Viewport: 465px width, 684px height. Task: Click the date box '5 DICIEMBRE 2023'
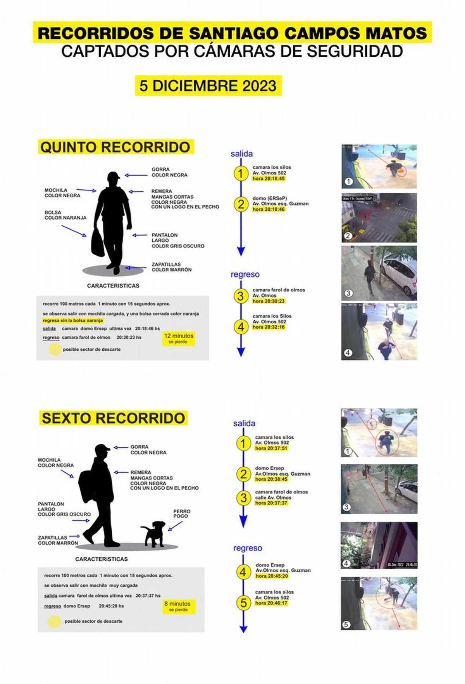pyautogui.click(x=208, y=86)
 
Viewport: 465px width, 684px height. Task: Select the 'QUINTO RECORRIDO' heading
pyautogui.click(x=115, y=147)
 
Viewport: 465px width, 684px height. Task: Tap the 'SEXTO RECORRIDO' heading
pyautogui.click(x=113, y=418)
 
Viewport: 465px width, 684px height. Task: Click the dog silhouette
pyautogui.click(x=154, y=534)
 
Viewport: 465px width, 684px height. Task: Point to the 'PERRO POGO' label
pyautogui.click(x=181, y=513)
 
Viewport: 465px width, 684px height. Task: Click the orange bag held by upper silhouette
pyautogui.click(x=98, y=243)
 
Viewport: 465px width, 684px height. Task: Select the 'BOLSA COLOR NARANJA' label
pyautogui.click(x=65, y=215)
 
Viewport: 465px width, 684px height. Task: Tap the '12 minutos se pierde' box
pyautogui.click(x=179, y=338)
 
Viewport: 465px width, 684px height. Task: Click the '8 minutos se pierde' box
pyautogui.click(x=177, y=606)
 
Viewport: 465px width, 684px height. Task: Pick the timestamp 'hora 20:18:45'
pyautogui.click(x=269, y=178)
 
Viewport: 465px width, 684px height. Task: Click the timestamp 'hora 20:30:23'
pyautogui.click(x=269, y=301)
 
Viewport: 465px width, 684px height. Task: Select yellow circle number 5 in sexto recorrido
pyautogui.click(x=243, y=603)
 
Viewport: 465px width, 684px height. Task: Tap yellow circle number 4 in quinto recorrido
pyautogui.click(x=241, y=327)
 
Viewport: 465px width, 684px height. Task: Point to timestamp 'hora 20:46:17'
pyautogui.click(x=271, y=603)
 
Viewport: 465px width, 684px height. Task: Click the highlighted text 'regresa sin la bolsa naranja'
pyautogui.click(x=73, y=320)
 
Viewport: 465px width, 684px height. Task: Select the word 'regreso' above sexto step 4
pyautogui.click(x=247, y=548)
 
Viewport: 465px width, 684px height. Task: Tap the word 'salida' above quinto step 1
pyautogui.click(x=241, y=154)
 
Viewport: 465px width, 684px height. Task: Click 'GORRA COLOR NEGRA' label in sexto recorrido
pyautogui.click(x=148, y=450)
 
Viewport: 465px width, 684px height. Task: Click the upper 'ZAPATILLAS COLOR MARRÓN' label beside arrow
pyautogui.click(x=171, y=267)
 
